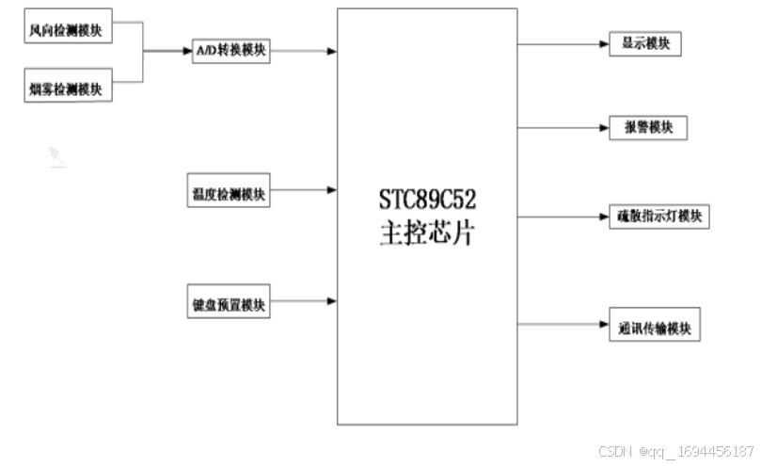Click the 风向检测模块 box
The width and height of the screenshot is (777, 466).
coord(68,30)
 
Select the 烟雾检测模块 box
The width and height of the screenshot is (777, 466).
coord(68,88)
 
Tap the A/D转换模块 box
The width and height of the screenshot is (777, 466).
coord(230,51)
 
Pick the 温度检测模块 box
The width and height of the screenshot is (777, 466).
coord(229,194)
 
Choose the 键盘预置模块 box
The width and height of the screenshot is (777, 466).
coord(229,305)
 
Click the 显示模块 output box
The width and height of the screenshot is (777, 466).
coord(644,43)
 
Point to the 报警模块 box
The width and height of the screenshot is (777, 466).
coord(648,127)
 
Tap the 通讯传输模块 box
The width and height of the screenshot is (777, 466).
coord(654,328)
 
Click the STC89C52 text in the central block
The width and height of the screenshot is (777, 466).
coord(428,200)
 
